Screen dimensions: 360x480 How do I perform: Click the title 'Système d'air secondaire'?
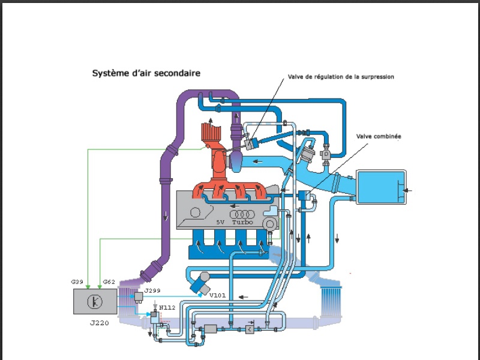pos(146,73)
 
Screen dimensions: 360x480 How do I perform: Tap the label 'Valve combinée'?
pos(378,136)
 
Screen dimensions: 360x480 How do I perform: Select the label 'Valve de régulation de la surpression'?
pos(341,77)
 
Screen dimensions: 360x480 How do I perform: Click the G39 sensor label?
pos(77,282)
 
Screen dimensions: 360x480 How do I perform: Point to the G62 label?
pos(109,282)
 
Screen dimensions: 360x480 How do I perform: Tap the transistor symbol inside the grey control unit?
pos(94,301)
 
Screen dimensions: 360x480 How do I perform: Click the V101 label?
pos(218,295)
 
